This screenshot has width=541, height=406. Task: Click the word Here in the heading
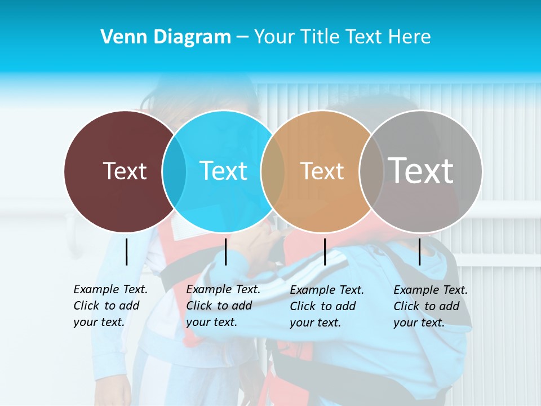click(x=410, y=37)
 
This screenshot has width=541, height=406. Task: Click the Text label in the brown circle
click(x=125, y=171)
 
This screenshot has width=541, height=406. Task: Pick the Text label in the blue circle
click(x=224, y=171)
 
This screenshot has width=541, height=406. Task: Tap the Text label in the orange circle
click(x=322, y=171)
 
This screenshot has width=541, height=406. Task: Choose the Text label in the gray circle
click(x=421, y=171)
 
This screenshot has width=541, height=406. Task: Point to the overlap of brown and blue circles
click(x=174, y=171)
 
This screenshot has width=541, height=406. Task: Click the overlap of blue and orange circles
click(x=273, y=171)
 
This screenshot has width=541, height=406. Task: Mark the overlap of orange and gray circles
click(x=371, y=171)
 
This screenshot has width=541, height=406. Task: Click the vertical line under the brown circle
click(x=126, y=251)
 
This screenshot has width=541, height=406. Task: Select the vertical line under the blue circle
click(x=225, y=251)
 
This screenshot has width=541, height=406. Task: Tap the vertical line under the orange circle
click(x=325, y=251)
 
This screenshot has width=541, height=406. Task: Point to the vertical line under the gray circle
click(x=419, y=251)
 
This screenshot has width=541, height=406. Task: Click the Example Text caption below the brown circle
click(x=110, y=306)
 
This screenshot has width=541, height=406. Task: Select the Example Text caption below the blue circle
click(x=223, y=306)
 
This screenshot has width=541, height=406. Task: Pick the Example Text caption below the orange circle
click(x=327, y=306)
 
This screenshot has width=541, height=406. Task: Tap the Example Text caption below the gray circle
click(x=431, y=306)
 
